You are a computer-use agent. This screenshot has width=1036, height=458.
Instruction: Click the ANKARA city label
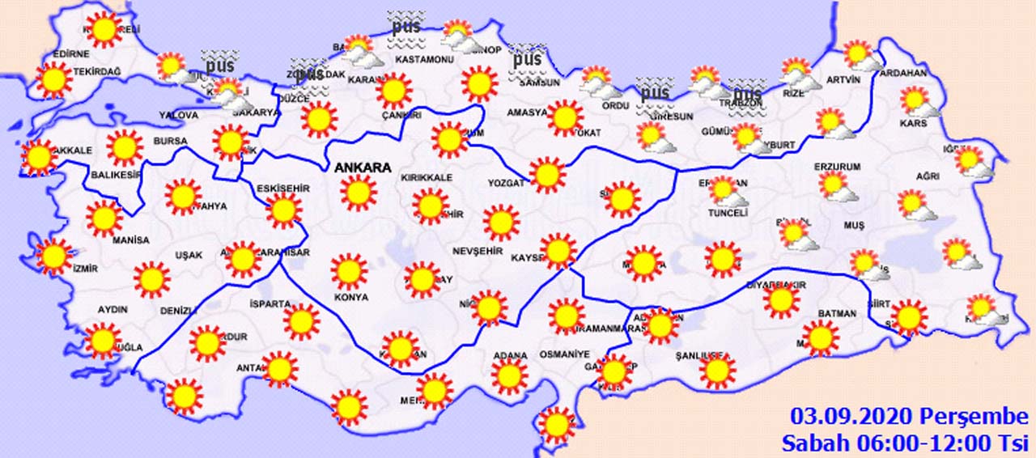point(362,168)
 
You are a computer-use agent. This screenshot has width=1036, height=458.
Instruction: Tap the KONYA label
point(350,297)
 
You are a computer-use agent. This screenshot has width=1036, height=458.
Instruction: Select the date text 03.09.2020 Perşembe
point(909,417)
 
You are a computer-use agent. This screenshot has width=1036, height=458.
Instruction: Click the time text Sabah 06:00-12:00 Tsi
point(904,443)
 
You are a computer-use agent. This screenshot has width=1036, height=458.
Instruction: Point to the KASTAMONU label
point(422,60)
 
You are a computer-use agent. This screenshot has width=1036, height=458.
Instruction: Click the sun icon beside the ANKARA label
point(359,193)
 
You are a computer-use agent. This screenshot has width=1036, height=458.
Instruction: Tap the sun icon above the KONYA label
point(349,271)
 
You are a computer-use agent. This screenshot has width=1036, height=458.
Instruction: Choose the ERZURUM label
point(837,167)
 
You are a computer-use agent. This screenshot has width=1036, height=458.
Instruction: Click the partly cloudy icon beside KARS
point(917,102)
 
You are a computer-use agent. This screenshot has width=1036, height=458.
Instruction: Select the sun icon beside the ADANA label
point(509,376)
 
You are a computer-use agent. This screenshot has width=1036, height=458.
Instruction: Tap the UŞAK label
point(189,255)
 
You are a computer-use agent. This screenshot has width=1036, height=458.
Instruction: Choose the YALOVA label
point(178,116)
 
